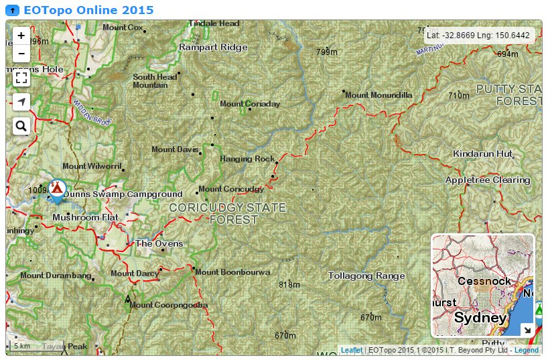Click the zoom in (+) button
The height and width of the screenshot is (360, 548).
(x=21, y=36)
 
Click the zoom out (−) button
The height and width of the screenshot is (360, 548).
(x=21, y=53)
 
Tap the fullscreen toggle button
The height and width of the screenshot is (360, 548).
(x=21, y=78)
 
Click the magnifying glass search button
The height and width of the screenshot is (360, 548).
(x=21, y=125)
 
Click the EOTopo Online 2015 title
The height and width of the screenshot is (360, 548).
(x=88, y=10)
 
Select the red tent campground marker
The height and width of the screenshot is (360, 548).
(x=58, y=188)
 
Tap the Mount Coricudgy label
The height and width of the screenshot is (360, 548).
(x=231, y=189)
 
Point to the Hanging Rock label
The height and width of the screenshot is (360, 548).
(x=247, y=159)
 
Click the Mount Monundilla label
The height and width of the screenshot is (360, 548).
(x=379, y=95)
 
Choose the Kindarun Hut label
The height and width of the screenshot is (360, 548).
(x=482, y=154)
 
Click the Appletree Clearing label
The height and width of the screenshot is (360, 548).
(x=488, y=180)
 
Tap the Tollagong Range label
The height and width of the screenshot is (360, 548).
(x=366, y=276)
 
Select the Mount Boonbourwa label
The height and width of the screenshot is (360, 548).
(x=232, y=272)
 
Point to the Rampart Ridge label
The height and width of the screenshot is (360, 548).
(x=213, y=48)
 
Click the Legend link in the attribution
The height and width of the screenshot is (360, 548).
(x=526, y=350)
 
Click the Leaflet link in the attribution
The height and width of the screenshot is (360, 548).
(x=351, y=350)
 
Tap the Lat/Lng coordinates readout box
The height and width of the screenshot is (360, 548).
(x=478, y=36)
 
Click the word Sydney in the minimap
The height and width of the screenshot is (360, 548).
(x=480, y=318)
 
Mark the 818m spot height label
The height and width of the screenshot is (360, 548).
(x=289, y=285)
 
